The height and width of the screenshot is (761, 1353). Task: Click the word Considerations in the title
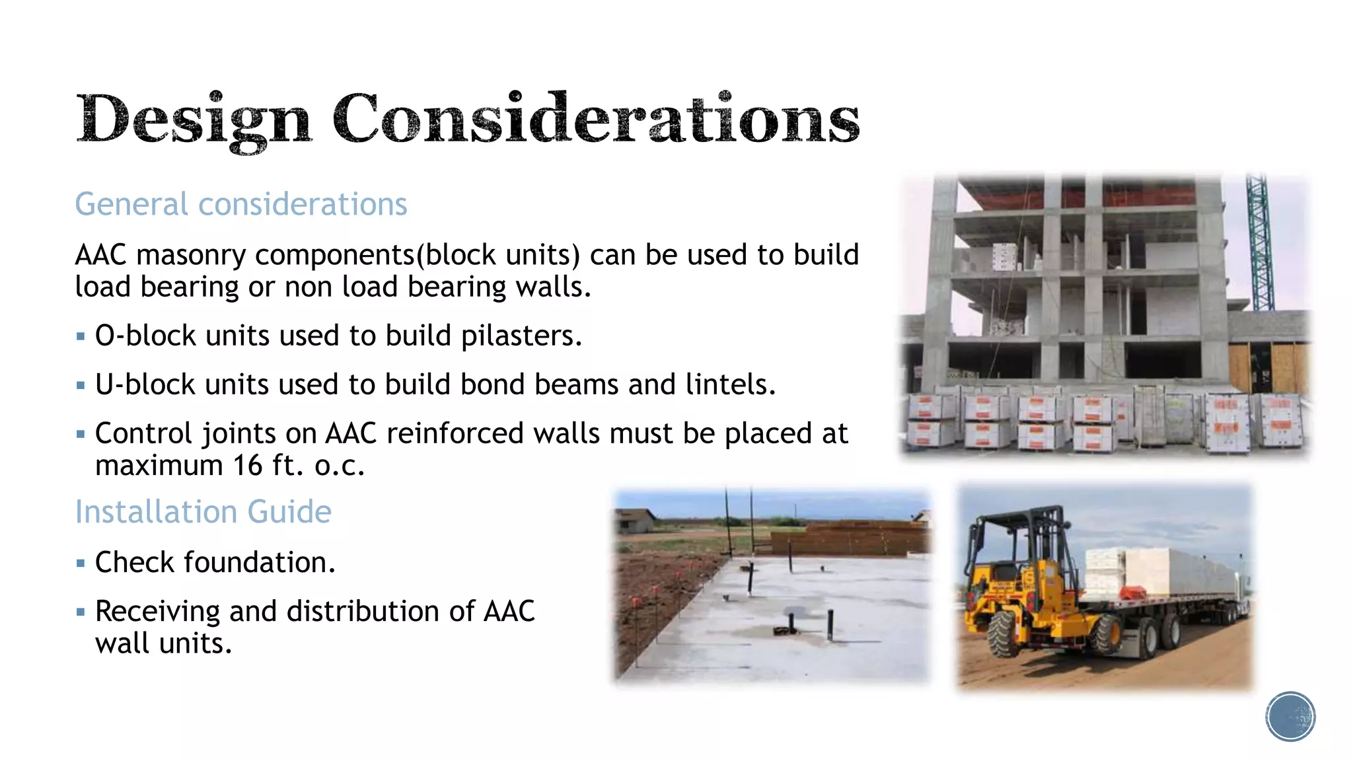tap(596, 119)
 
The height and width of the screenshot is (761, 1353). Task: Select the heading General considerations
tap(240, 203)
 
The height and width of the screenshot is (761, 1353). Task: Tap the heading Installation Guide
tap(203, 511)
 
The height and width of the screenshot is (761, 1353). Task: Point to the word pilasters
tap(521, 336)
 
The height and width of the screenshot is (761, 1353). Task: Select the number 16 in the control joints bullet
tap(248, 466)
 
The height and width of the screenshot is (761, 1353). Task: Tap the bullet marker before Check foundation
tap(81, 563)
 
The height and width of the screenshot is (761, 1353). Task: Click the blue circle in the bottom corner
tap(1290, 716)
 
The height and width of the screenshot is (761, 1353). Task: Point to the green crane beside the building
tap(1259, 244)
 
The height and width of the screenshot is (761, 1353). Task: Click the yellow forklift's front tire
tap(1004, 633)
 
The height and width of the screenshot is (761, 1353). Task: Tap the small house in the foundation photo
tap(634, 522)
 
